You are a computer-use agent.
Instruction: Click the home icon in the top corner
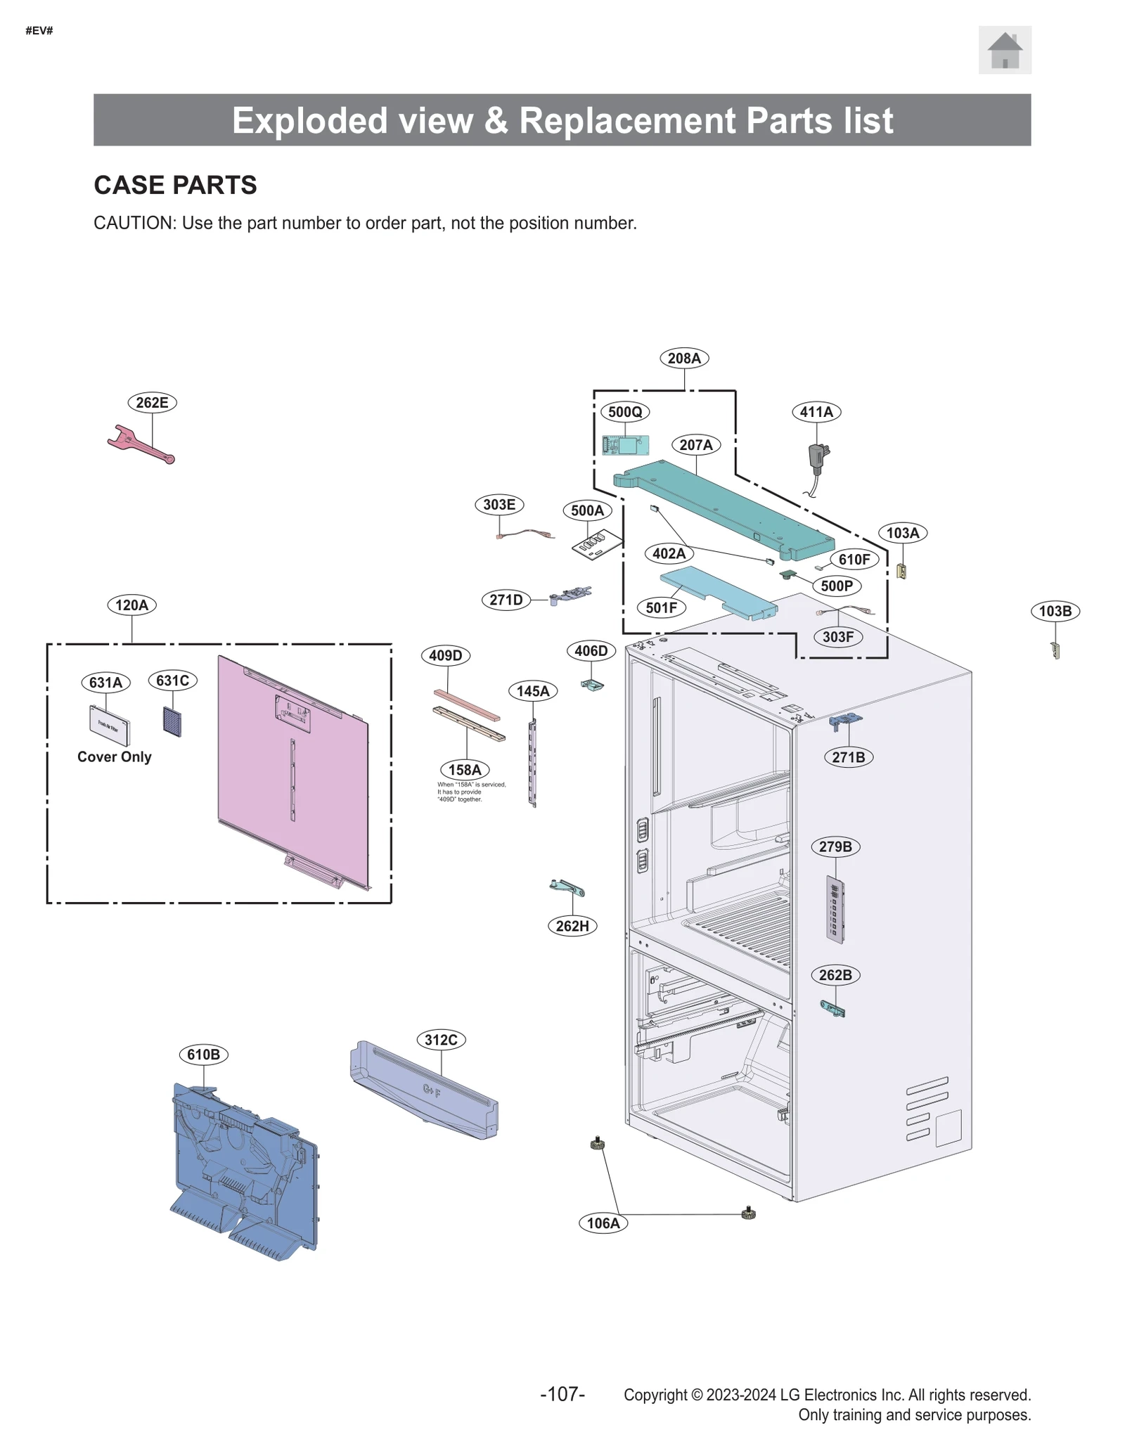1004,51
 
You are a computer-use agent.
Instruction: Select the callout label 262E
152,403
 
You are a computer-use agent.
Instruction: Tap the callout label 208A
683,359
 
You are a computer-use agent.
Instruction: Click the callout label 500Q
624,412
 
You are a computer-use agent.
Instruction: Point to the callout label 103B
1055,611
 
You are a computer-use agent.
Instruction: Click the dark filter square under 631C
172,721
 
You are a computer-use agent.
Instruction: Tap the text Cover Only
114,757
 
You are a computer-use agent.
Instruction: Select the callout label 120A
131,605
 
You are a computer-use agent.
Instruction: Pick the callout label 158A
465,770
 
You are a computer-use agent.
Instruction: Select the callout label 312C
441,1040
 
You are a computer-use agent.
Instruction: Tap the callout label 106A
603,1223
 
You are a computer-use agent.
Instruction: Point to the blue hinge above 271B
845,721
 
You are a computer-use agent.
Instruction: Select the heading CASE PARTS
175,186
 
